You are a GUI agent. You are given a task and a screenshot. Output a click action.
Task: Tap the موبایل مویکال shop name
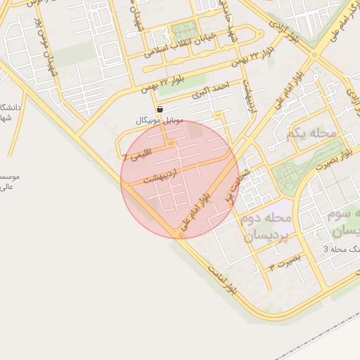pos(160,121)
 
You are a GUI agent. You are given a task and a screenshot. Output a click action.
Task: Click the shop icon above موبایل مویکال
pos(161,110)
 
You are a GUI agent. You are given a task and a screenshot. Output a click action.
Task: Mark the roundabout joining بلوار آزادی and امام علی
pos(314,55)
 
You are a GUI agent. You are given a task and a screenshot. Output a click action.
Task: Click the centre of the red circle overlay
pos(180,180)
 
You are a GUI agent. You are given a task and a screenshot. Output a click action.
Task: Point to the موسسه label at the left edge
pos(8,181)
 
